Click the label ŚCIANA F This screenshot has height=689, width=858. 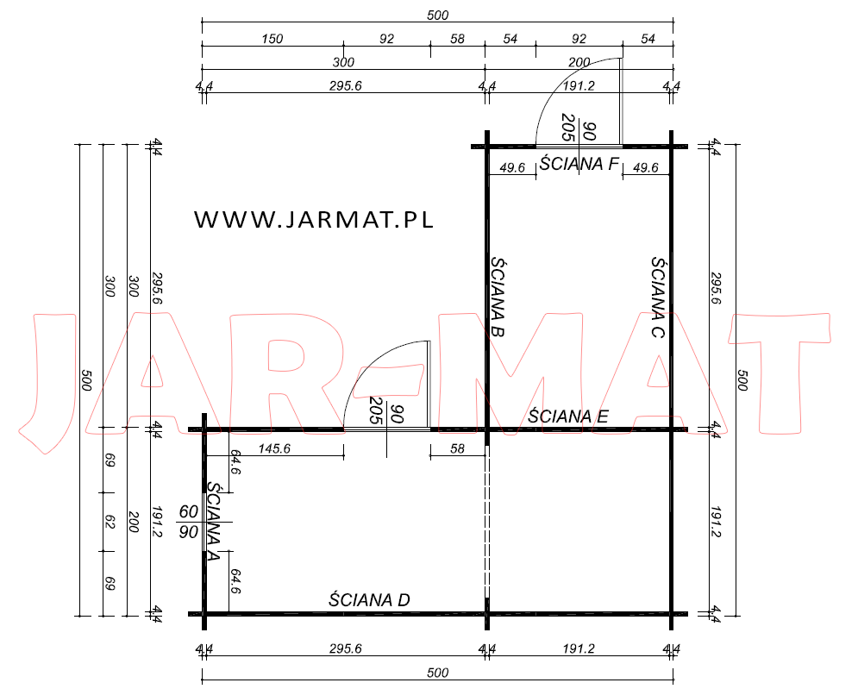[x=579, y=164]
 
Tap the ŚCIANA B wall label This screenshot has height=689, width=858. [x=498, y=298]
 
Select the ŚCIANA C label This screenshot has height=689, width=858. [x=658, y=298]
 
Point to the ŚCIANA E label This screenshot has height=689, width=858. [x=568, y=417]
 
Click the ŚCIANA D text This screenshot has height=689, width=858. [x=369, y=600]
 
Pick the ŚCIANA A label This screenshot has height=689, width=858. [x=213, y=521]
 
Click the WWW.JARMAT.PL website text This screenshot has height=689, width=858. [x=314, y=219]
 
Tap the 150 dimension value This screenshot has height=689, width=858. [x=272, y=39]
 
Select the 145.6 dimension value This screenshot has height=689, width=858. [x=274, y=448]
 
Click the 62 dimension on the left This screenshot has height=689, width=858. [x=110, y=522]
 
